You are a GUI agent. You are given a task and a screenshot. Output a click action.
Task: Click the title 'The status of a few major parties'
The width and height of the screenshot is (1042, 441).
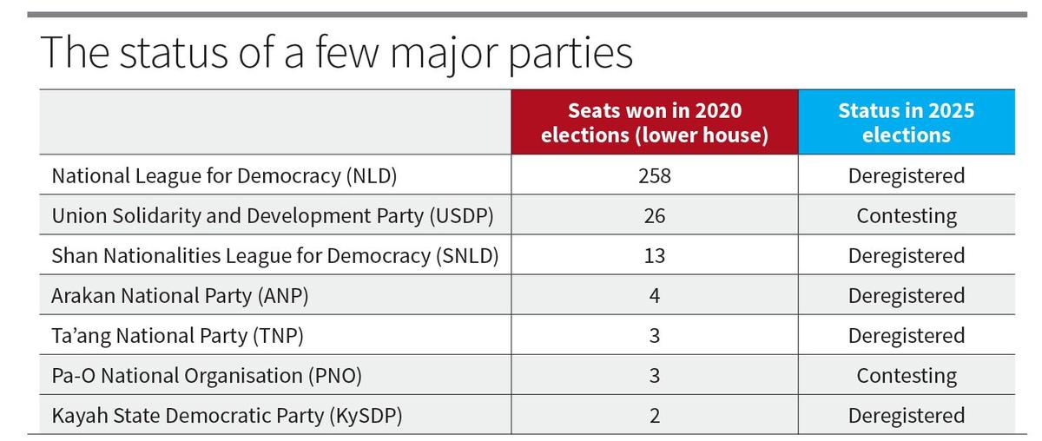[336, 52]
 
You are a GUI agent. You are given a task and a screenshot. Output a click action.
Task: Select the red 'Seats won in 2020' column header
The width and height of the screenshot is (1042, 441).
[655, 123]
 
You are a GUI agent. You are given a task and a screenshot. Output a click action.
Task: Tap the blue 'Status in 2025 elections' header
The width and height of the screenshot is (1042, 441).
[906, 123]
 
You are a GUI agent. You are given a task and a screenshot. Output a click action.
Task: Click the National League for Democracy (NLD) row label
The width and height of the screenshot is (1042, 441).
[224, 176]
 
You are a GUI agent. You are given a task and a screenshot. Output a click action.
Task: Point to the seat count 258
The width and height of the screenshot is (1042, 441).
[655, 176]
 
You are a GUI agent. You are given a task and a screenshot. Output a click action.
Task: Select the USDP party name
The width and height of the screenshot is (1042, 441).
[273, 216]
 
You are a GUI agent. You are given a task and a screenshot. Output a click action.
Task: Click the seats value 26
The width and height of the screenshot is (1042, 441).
[655, 216]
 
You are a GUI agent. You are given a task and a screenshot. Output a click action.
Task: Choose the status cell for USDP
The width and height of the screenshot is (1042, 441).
[906, 216]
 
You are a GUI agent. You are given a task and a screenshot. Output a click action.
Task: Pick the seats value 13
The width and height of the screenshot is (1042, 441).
[655, 256]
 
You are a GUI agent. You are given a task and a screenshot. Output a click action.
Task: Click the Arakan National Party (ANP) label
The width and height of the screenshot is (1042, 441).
[181, 296]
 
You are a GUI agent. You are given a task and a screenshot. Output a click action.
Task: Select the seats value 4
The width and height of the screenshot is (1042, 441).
[655, 296]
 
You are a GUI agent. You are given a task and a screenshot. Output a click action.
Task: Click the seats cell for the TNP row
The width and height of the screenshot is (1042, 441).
[655, 336]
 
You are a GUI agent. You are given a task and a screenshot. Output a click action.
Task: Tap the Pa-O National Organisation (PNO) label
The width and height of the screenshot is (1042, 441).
[207, 376]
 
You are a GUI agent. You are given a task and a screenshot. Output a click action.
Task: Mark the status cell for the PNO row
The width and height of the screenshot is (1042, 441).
[906, 376]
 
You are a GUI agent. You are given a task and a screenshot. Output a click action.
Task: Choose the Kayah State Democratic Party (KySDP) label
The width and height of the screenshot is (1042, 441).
[227, 416]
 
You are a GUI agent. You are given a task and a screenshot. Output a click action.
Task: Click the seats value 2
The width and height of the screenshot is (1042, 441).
[655, 416]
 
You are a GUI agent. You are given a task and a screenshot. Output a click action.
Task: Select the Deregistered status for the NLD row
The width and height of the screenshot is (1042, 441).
[906, 176]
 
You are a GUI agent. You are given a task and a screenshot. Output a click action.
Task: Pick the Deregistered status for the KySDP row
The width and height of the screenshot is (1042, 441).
[906, 416]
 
